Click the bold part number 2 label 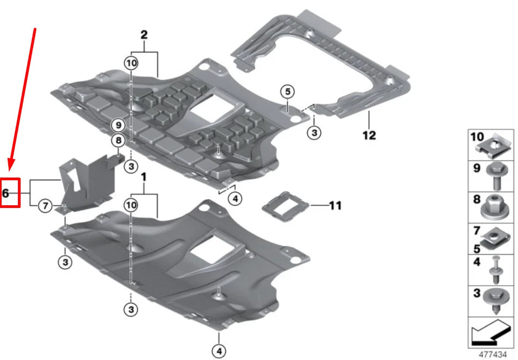[144, 35]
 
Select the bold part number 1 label [144, 178]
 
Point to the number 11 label [336, 206]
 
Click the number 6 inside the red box [7, 192]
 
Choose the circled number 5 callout [287, 91]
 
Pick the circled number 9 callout [118, 125]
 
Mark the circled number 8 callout [118, 141]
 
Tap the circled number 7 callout [46, 206]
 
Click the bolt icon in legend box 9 [496, 173]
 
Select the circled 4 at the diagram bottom [219, 351]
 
